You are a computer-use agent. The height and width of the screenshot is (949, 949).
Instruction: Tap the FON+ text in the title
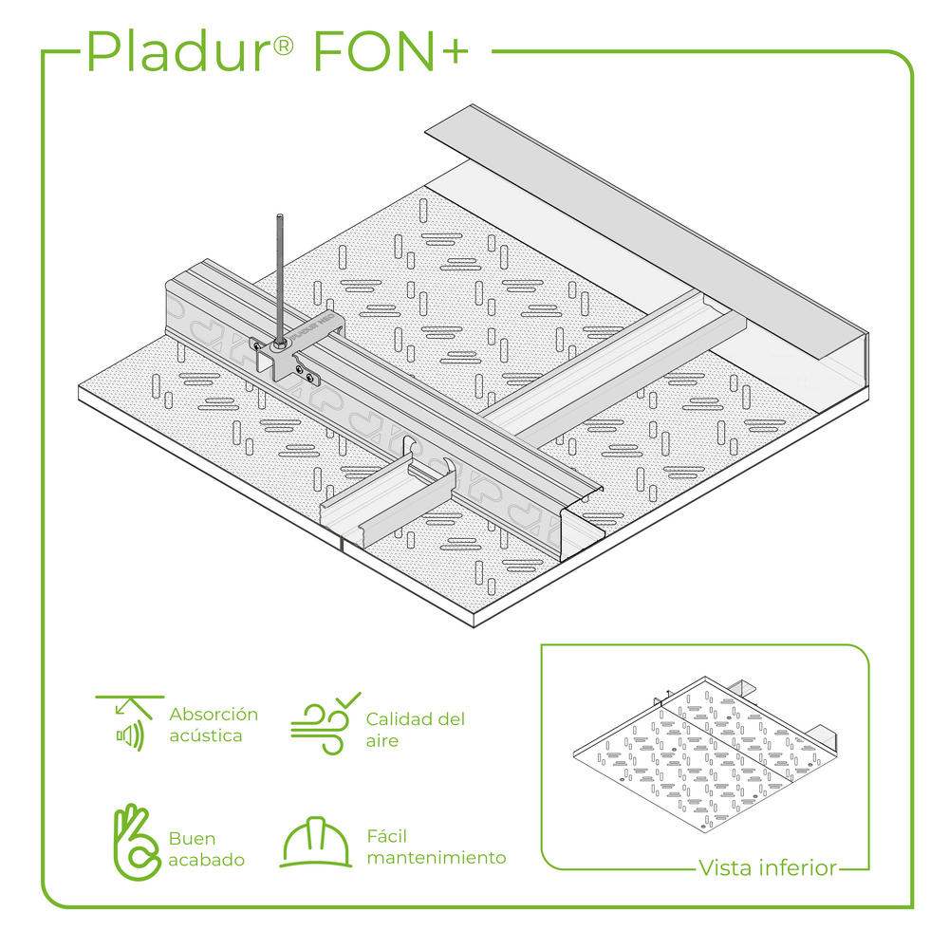[x=390, y=51]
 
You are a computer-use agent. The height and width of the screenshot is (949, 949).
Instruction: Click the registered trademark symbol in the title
[x=283, y=46]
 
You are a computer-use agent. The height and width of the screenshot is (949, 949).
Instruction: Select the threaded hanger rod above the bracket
[x=280, y=279]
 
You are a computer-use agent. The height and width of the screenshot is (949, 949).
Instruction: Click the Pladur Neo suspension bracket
[x=295, y=348]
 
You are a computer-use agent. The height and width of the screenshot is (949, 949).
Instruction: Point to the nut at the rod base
[x=280, y=344]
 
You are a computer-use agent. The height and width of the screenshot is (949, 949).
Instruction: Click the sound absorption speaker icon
[x=129, y=723]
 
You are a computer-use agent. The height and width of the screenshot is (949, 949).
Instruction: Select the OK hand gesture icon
[x=137, y=842]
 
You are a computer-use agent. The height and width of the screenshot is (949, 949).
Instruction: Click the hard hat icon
[x=316, y=842]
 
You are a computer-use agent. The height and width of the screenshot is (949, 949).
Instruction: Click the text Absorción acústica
[x=214, y=724]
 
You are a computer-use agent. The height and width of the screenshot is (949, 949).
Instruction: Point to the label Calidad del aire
[x=416, y=729]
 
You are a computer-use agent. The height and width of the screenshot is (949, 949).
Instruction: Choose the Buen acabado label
[x=206, y=848]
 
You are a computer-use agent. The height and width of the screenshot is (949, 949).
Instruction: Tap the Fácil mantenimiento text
[x=437, y=847]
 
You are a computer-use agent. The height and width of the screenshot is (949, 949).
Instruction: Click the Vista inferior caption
[x=768, y=868]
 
